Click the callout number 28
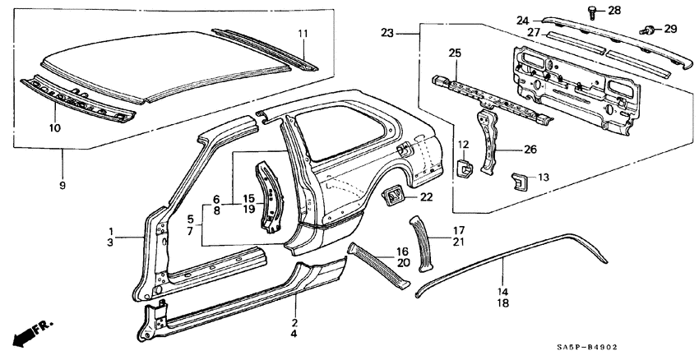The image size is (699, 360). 614,11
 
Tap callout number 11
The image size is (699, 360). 302,33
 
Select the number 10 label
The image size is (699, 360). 55,127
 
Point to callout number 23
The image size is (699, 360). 387,33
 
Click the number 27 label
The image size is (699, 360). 533,32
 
